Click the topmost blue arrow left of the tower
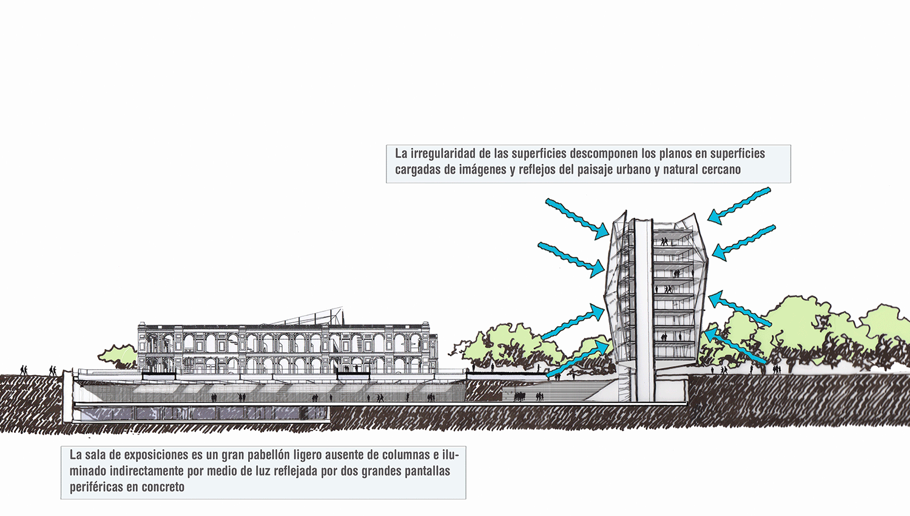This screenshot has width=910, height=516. click(x=577, y=219)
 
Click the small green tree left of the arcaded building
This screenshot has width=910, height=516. click(x=118, y=355)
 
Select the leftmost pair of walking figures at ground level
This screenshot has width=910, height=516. click(x=24, y=370)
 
